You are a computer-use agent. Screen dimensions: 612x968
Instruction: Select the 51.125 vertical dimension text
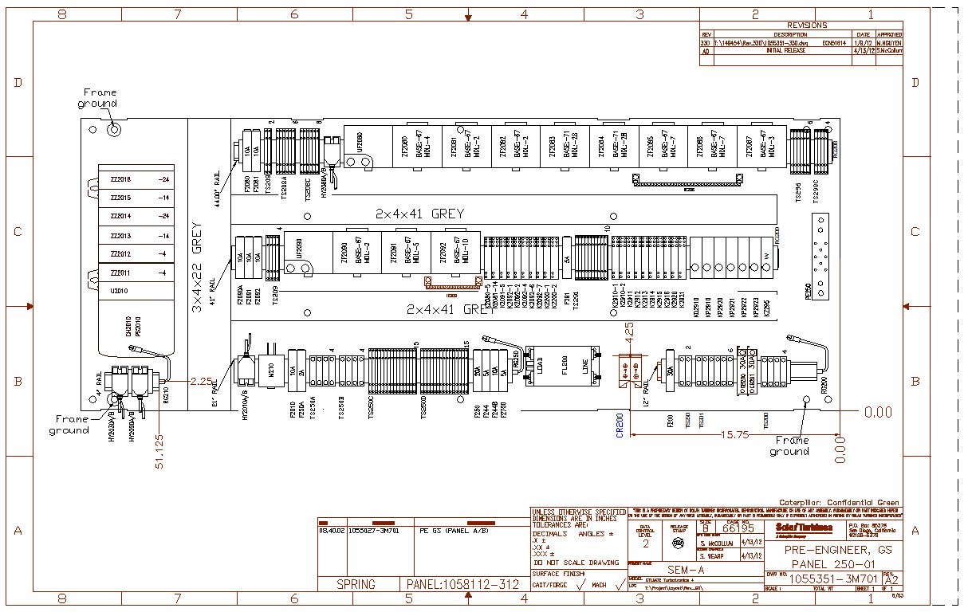coord(160,451)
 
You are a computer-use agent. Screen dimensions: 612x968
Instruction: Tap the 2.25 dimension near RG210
coord(201,382)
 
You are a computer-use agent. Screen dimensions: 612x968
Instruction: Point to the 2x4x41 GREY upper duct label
coord(420,214)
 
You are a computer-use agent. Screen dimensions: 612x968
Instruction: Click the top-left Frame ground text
coord(98,98)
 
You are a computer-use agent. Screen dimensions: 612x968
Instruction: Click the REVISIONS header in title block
coord(806,25)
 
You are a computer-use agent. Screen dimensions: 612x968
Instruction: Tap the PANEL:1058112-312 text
coord(462,585)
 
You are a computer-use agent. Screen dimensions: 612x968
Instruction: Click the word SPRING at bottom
coord(356,585)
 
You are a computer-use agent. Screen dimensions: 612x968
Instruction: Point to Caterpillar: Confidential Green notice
coord(839,503)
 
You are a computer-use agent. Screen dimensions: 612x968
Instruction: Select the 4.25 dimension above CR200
coord(629,331)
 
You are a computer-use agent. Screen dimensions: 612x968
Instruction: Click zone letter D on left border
coord(17,83)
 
